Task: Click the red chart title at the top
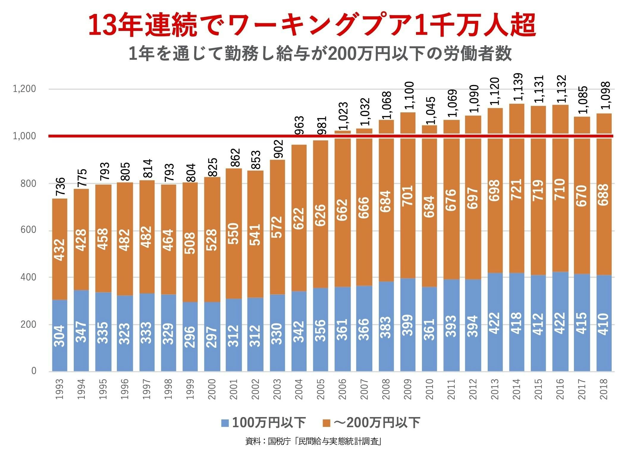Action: pyautogui.click(x=312, y=25)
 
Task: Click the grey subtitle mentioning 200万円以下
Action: pyautogui.click(x=320, y=54)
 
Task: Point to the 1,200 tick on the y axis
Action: pyautogui.click(x=24, y=89)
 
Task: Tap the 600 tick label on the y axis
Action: pyautogui.click(x=28, y=230)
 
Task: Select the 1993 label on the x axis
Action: pyautogui.click(x=60, y=389)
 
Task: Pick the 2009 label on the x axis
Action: pyautogui.click(x=408, y=389)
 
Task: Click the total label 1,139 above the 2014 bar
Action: pyautogui.click(x=517, y=87)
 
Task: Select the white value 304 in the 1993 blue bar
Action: pyautogui.click(x=60, y=336)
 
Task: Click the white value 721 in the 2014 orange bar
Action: pyautogui.click(x=517, y=189)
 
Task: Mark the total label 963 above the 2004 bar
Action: pyautogui.click(x=299, y=125)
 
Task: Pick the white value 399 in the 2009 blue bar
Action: pyautogui.click(x=408, y=325)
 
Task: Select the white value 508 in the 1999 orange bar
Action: pyautogui.click(x=190, y=243)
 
